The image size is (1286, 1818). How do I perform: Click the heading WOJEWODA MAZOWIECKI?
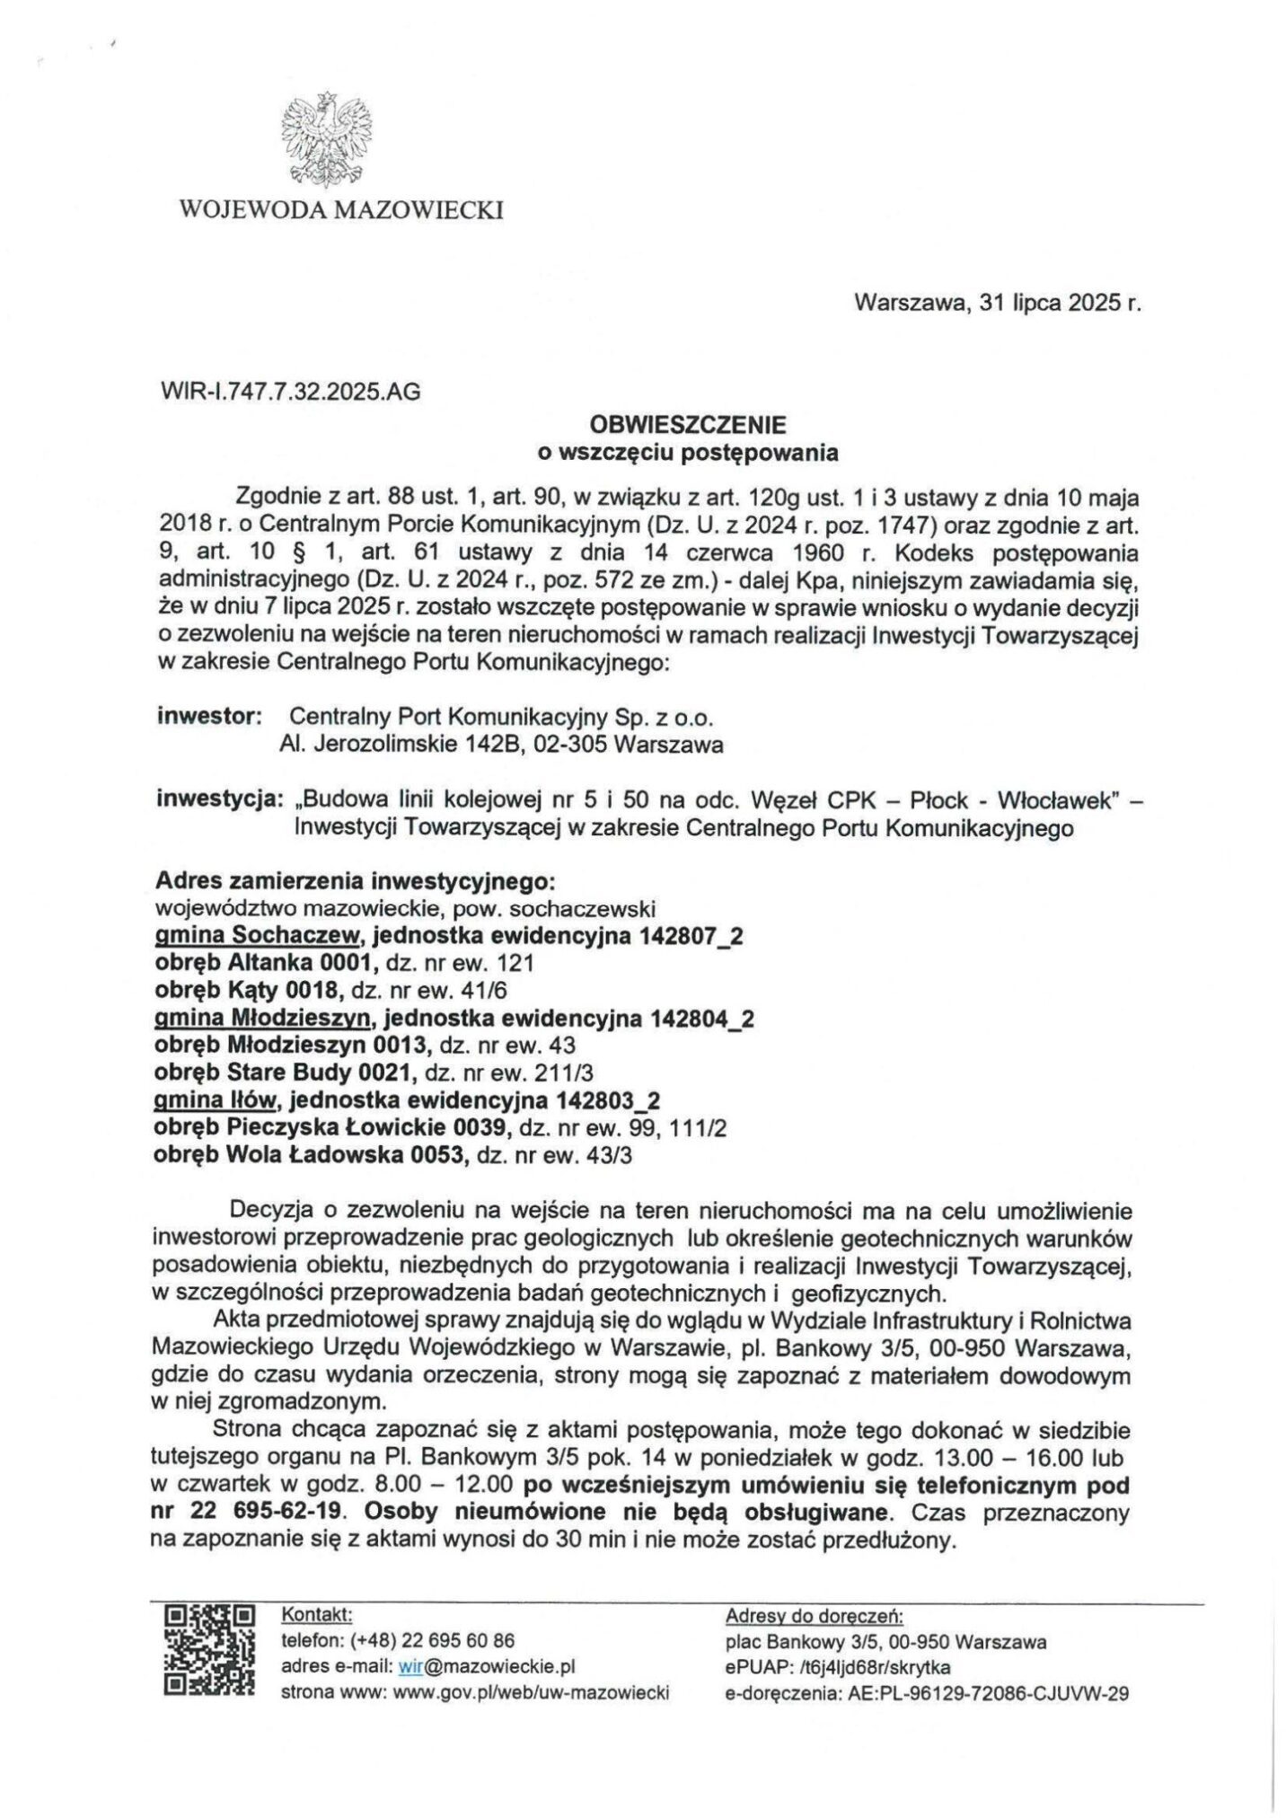[341, 211]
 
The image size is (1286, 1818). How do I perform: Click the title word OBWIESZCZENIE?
[687, 423]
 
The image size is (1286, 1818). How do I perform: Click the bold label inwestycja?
[219, 799]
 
